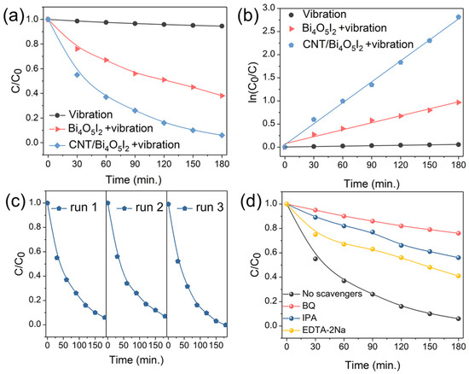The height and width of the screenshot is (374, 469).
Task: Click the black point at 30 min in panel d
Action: click(x=315, y=259)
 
